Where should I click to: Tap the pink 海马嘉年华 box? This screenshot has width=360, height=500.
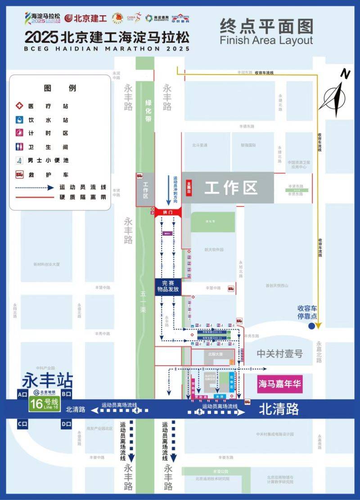[279, 384]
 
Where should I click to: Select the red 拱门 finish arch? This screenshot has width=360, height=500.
[168, 211]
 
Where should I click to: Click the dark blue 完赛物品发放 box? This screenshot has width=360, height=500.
[168, 286]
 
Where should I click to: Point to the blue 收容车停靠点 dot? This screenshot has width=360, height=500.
[311, 327]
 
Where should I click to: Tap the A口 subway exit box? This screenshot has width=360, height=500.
[22, 394]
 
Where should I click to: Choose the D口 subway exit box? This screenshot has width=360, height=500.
[66, 423]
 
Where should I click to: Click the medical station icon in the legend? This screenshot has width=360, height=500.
[19, 106]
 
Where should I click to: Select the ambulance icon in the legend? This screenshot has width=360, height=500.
[19, 174]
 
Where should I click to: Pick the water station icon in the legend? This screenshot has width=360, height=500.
[19, 120]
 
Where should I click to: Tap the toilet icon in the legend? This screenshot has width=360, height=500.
[19, 147]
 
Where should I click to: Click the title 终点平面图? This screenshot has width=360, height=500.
[266, 27]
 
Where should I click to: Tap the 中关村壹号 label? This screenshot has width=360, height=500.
[279, 354]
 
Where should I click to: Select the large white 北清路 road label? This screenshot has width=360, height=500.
[279, 409]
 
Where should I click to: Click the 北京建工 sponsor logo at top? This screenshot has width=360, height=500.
[85, 18]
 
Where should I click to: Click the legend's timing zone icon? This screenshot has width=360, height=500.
[19, 133]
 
